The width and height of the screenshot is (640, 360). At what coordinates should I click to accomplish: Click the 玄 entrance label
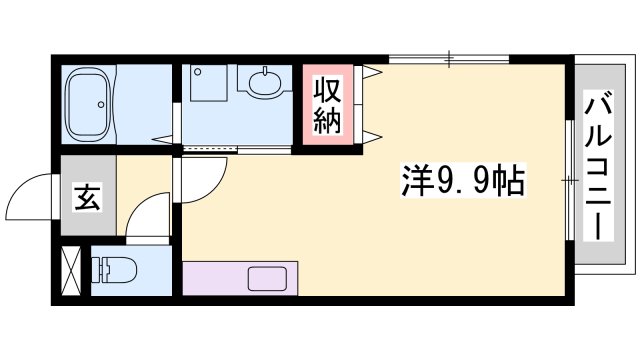pyautogui.click(x=87, y=197)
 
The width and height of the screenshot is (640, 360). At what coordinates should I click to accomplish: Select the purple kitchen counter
pyautogui.click(x=240, y=277)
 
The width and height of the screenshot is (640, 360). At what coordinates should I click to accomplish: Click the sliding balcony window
pyautogui.click(x=570, y=180)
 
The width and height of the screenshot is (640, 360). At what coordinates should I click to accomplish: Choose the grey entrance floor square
pyautogui.click(x=87, y=197)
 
